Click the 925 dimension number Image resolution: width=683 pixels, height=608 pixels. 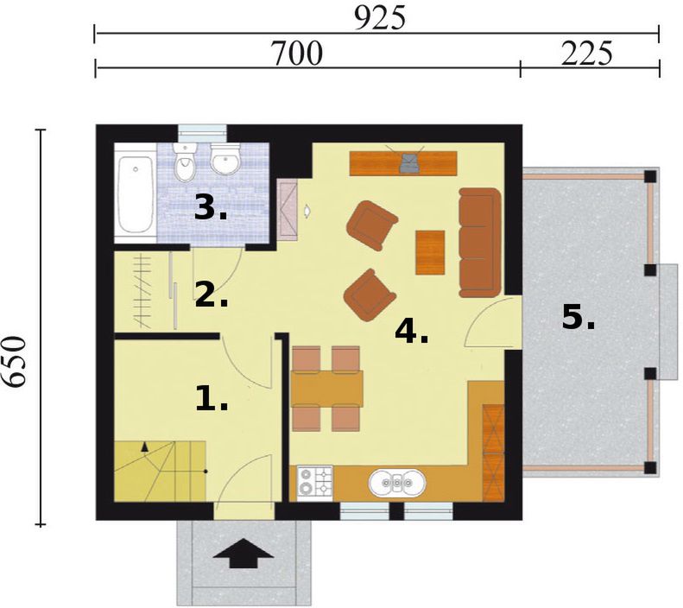(380, 18)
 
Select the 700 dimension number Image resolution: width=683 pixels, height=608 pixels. (297, 54)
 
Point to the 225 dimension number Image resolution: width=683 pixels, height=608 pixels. (587, 54)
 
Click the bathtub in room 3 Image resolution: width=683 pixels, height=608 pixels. (136, 193)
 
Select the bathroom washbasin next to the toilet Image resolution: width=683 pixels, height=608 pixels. (225, 158)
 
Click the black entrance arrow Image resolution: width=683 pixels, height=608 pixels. (243, 553)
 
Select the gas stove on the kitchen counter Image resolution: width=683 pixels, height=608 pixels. (314, 483)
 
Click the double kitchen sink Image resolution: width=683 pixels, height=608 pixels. (397, 483)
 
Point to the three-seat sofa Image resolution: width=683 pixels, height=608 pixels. (479, 243)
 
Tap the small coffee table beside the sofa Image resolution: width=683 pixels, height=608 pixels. (430, 252)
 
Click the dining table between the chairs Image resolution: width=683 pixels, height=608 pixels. (326, 388)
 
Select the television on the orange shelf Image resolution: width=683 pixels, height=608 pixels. (408, 162)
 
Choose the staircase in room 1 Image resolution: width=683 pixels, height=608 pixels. (161, 471)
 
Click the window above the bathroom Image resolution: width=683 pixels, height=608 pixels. (203, 133)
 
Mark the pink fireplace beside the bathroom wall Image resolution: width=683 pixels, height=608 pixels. (288, 211)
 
